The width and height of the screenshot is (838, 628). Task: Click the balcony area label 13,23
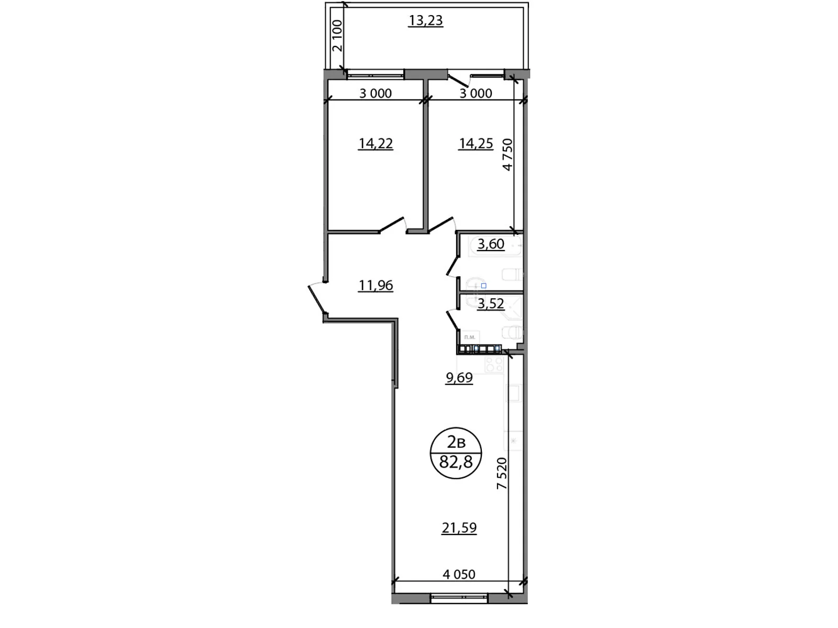tap(425, 21)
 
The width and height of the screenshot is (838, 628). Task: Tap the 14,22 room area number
tap(376, 143)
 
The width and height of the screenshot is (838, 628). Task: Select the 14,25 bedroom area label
tap(476, 143)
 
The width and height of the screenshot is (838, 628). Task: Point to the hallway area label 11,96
tap(376, 286)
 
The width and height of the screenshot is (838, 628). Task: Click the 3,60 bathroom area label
tap(491, 244)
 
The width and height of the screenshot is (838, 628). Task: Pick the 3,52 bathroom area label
tap(491, 304)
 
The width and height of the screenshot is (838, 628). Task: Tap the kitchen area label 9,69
tap(459, 378)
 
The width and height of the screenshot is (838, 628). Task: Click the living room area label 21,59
tap(459, 528)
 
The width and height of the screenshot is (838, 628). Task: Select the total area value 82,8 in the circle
tap(456, 462)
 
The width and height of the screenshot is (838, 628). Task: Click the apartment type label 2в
tap(456, 443)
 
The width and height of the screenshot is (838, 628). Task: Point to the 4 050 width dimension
tap(459, 575)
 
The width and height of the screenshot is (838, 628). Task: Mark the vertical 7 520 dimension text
tap(502, 473)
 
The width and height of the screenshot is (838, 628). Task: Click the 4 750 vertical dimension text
tap(507, 154)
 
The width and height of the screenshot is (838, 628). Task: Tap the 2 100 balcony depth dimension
tap(337, 35)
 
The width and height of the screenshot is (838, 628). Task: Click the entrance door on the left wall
tap(316, 299)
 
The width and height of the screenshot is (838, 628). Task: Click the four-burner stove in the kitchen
tap(494, 364)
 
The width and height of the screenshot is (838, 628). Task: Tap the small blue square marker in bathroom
tap(483, 286)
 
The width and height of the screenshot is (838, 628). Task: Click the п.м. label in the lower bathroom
tap(470, 337)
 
